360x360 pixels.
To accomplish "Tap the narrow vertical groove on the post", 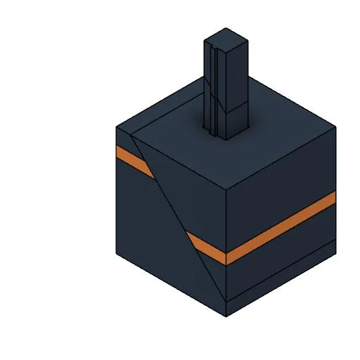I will [212, 84].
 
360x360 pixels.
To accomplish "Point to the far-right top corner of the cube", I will [335, 127].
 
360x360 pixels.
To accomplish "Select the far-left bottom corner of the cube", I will [117, 253].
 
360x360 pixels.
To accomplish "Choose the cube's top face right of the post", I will [281, 134].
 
